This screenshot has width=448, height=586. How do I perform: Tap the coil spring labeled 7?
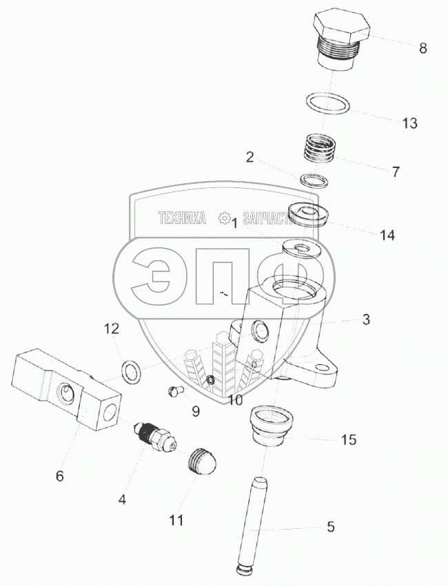point(319,148)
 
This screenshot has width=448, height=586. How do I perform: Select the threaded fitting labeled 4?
point(154,435)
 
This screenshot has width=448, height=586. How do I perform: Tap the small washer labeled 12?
point(132,372)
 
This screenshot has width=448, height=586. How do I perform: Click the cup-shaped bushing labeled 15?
point(272,426)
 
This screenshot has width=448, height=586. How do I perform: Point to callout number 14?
point(387,235)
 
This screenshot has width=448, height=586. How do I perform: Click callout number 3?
point(366,320)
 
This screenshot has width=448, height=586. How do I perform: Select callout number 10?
point(235,400)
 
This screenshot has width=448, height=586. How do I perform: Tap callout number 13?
point(409,123)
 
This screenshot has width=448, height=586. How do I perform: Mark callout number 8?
point(422,48)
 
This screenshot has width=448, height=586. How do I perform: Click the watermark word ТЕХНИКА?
point(182,218)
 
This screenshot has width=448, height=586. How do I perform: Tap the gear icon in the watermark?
point(225,218)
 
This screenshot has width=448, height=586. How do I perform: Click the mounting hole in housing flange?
point(320,368)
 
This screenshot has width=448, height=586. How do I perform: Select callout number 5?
point(331,527)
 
